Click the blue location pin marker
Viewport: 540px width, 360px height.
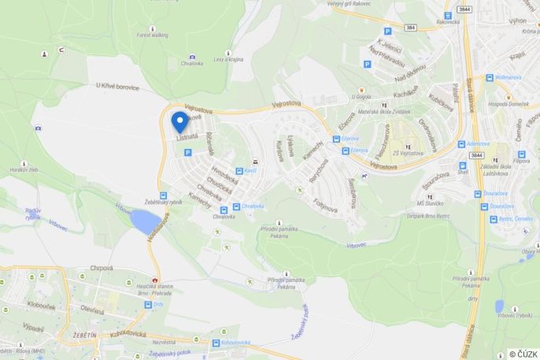[x=180, y=121]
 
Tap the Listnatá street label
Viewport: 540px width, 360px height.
[x=187, y=136]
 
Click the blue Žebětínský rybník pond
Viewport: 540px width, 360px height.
[x=144, y=222]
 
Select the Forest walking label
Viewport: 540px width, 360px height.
[x=152, y=35]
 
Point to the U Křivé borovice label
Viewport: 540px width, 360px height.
[x=117, y=87]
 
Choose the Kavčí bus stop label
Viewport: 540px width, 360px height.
[x=251, y=171]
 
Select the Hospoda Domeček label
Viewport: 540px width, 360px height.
[x=507, y=104]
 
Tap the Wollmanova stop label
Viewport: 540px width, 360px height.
[x=509, y=78]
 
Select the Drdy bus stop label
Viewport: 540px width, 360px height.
[x=158, y=303]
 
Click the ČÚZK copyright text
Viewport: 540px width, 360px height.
[x=523, y=354]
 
